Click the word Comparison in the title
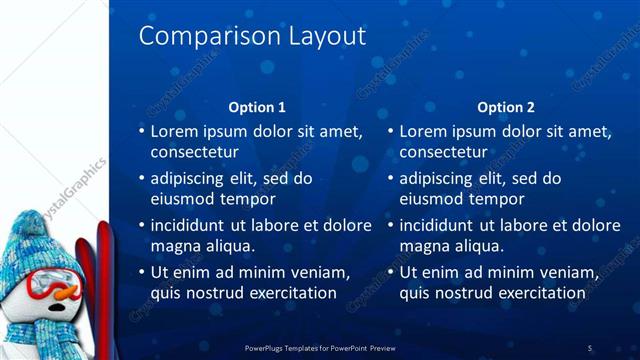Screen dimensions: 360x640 [x=193, y=37]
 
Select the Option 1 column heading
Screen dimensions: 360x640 [x=257, y=107]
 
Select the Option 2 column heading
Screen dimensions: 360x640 [x=506, y=107]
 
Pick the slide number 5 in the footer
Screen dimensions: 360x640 [x=590, y=347]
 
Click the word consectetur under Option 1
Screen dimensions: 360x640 [x=194, y=153]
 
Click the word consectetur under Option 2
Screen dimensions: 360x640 [x=444, y=153]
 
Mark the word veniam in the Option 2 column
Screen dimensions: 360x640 [x=560, y=272]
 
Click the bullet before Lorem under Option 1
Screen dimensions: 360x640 [x=141, y=131]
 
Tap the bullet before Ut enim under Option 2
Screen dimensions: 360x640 [x=391, y=272]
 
